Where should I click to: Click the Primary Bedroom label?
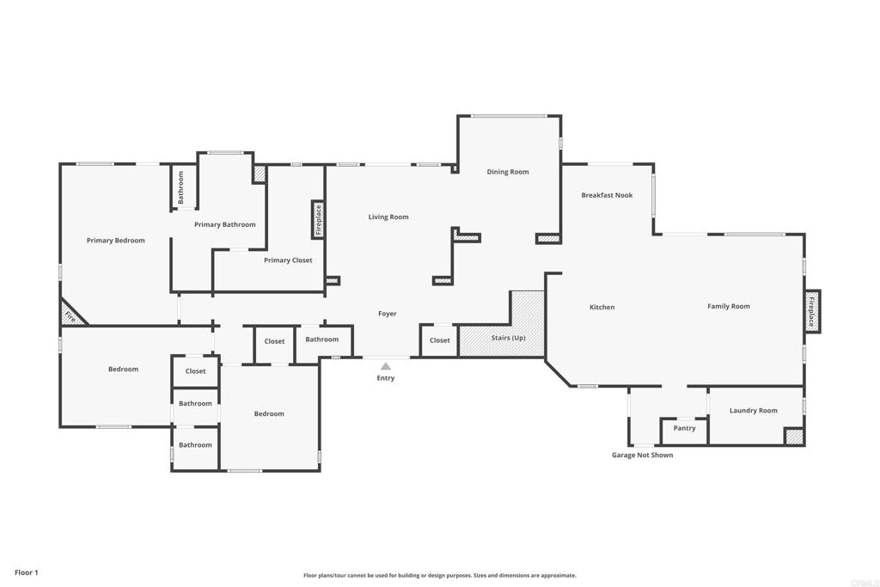pyautogui.click(x=115, y=241)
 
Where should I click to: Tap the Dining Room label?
pyautogui.click(x=508, y=172)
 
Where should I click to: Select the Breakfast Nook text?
pyautogui.click(x=607, y=195)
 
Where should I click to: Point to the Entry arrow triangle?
pyautogui.click(x=386, y=366)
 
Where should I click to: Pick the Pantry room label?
pyautogui.click(x=685, y=428)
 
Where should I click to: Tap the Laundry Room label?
pyautogui.click(x=754, y=411)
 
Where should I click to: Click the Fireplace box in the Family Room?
pyautogui.click(x=812, y=311)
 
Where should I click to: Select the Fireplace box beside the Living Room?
pyautogui.click(x=318, y=220)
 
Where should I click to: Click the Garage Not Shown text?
pyautogui.click(x=642, y=456)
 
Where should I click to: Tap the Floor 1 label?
pyautogui.click(x=27, y=572)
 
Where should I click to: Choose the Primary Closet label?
pyautogui.click(x=288, y=260)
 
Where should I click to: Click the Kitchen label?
pyautogui.click(x=602, y=307)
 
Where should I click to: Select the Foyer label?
pyautogui.click(x=388, y=314)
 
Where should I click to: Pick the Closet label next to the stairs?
pyautogui.click(x=440, y=340)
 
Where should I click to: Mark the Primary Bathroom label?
pyautogui.click(x=224, y=224)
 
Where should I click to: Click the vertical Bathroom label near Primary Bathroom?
pyautogui.click(x=181, y=186)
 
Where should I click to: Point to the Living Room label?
pyautogui.click(x=388, y=217)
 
